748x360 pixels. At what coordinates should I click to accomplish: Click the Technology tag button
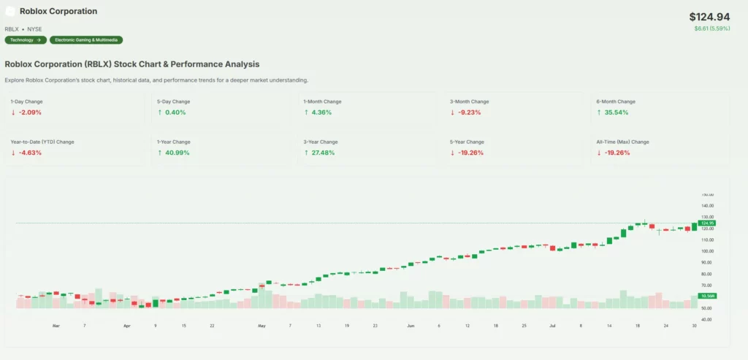click(x=26, y=40)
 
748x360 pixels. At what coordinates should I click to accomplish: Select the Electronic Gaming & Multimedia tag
click(x=86, y=40)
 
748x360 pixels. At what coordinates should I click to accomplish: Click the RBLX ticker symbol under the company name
click(x=12, y=28)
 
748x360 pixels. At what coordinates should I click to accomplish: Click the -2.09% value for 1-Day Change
click(x=31, y=112)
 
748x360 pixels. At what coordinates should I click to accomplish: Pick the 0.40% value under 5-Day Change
click(x=175, y=112)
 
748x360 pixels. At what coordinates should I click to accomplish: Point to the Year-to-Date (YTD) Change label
click(x=42, y=142)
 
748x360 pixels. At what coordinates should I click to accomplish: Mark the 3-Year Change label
click(x=321, y=142)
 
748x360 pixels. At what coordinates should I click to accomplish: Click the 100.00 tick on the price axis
click(x=707, y=251)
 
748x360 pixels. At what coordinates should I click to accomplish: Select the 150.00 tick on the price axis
click(x=707, y=195)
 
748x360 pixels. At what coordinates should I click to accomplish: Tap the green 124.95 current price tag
click(x=707, y=223)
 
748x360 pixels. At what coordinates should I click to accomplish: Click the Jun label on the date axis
click(x=411, y=325)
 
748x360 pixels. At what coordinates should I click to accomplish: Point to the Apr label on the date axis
click(x=126, y=325)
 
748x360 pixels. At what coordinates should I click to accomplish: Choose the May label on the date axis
click(x=262, y=325)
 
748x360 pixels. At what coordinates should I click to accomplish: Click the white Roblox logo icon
click(x=10, y=12)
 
